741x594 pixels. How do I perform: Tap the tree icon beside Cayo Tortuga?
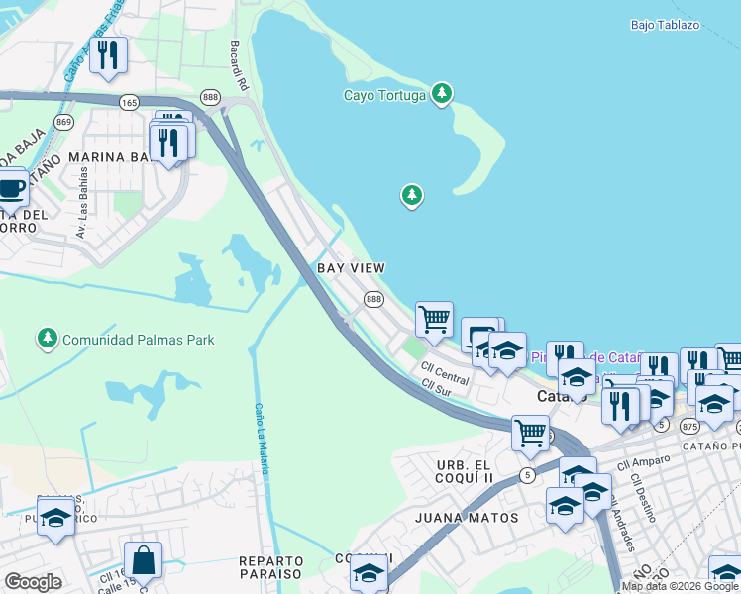click(x=442, y=95)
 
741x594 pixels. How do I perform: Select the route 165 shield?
click(x=129, y=102)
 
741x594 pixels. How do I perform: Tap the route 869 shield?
click(x=64, y=121)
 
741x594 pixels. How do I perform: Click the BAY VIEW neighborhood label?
click(x=351, y=268)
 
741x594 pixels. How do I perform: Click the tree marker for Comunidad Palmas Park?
click(x=47, y=340)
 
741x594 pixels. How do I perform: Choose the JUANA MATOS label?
click(x=467, y=518)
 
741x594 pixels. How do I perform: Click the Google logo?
click(x=33, y=581)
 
